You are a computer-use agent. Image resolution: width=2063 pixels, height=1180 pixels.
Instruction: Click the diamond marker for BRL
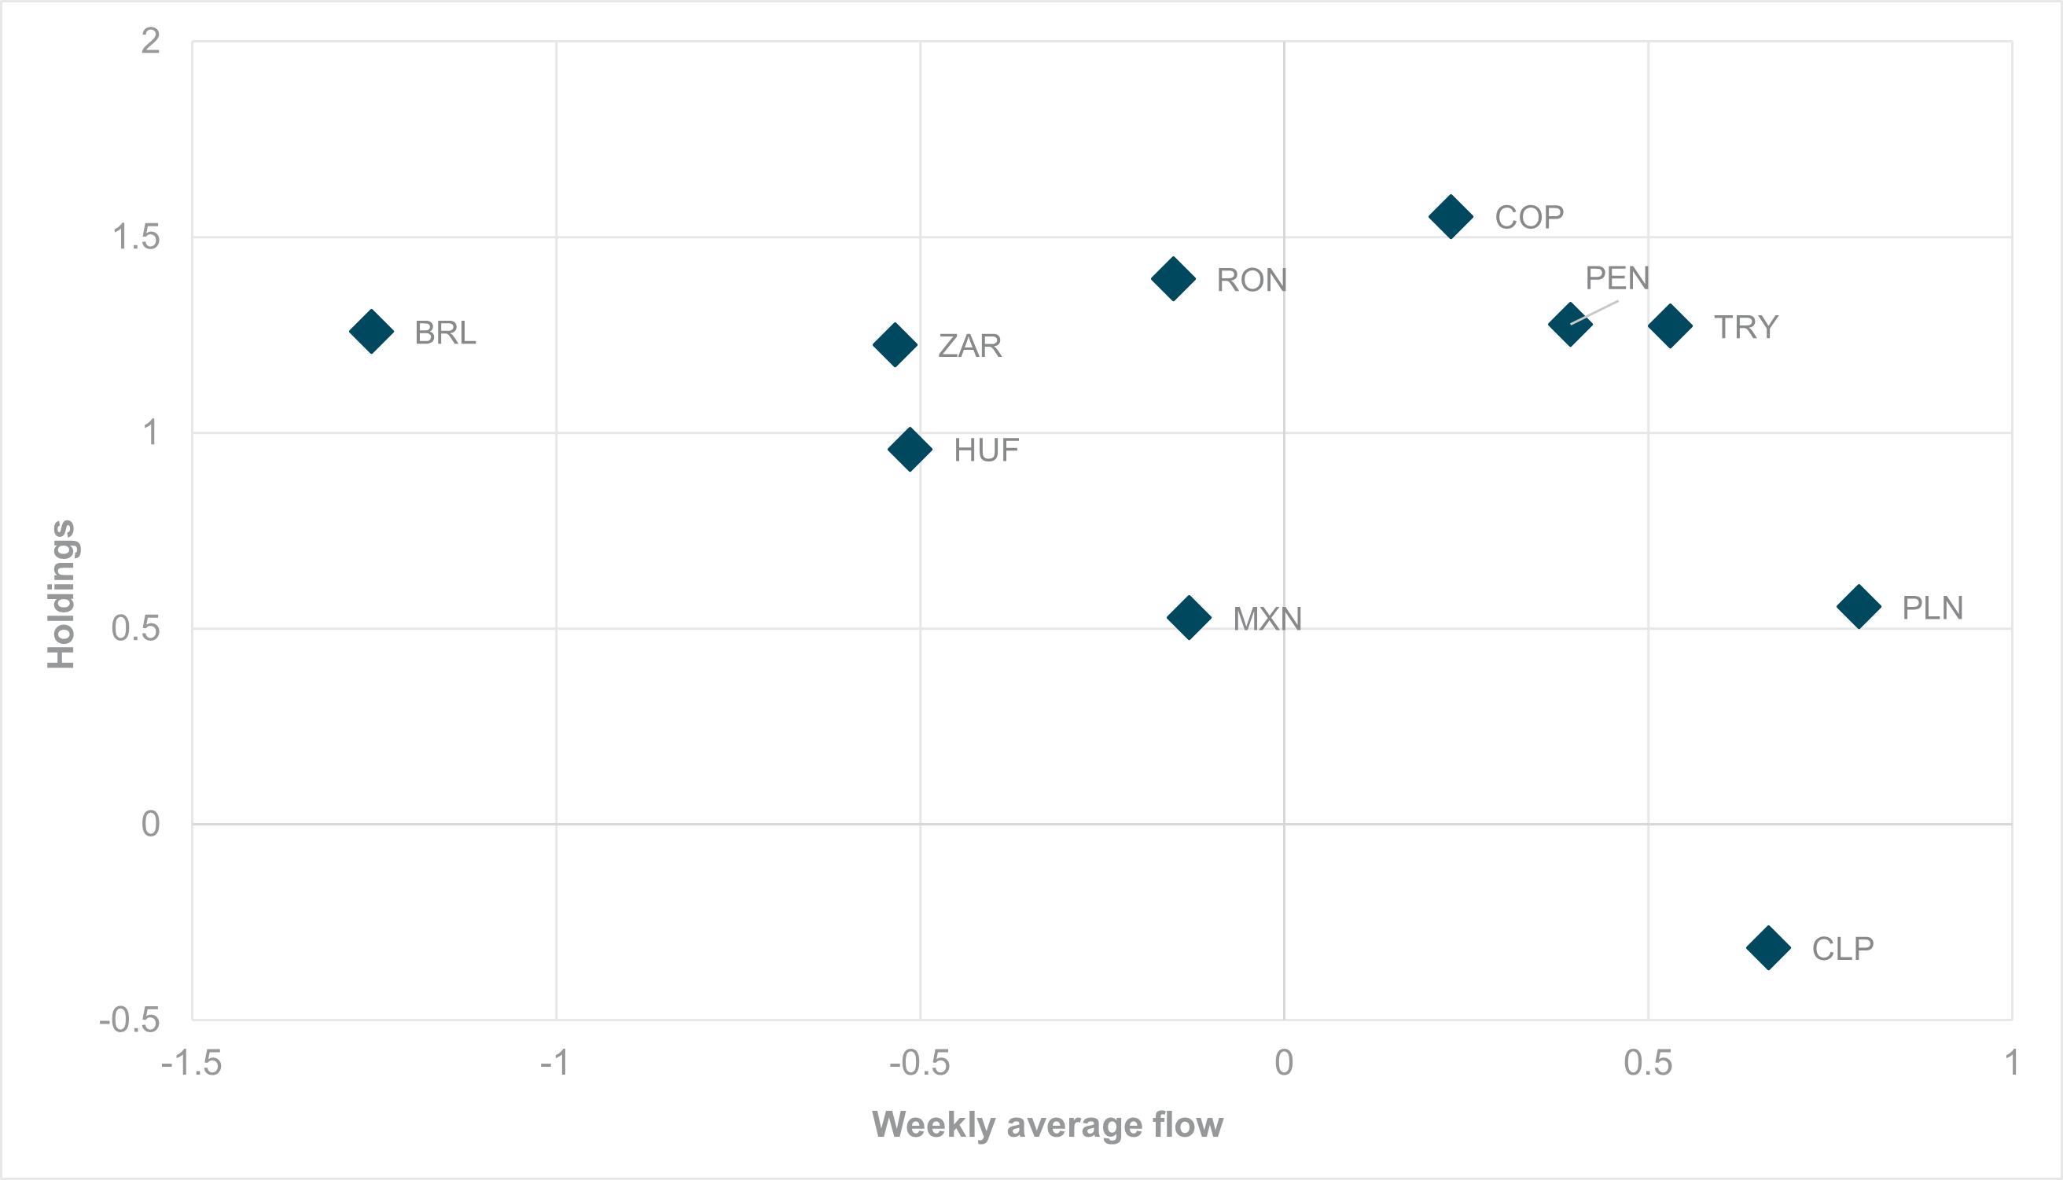[x=371, y=332]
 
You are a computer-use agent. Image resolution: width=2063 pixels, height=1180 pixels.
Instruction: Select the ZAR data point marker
[x=895, y=344]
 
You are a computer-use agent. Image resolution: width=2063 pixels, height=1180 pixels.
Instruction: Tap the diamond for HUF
[x=910, y=449]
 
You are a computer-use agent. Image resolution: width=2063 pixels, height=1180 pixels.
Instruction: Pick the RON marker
[x=1173, y=279]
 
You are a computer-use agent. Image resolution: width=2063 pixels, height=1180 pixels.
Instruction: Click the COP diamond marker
[x=1451, y=216]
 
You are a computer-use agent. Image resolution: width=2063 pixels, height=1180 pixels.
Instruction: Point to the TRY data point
[x=1670, y=325]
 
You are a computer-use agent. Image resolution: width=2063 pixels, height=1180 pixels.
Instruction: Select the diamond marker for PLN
[x=1859, y=605]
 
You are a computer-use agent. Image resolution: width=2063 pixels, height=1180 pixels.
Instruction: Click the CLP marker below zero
[x=1768, y=947]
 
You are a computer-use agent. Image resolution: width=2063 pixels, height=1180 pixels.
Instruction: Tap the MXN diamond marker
[x=1189, y=618]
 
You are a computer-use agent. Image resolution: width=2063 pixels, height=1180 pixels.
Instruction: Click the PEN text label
[x=1616, y=278]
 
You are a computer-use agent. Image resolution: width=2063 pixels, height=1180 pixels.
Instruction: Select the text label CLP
[x=1843, y=948]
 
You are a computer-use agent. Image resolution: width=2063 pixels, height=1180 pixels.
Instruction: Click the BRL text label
[x=445, y=333]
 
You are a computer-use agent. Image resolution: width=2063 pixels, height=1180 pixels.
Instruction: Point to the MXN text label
[x=1267, y=619]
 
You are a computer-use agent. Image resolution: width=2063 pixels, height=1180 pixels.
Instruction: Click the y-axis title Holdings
[x=61, y=594]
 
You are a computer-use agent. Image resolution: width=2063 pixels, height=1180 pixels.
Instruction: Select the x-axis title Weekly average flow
[x=1047, y=1125]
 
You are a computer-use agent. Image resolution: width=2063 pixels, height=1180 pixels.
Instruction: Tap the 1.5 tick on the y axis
[x=136, y=237]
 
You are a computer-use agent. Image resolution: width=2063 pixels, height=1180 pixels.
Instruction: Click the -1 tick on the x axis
[x=555, y=1063]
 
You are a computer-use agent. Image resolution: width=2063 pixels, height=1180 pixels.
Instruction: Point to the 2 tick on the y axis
[x=151, y=42]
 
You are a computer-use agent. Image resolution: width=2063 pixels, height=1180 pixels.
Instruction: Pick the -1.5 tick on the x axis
[x=191, y=1063]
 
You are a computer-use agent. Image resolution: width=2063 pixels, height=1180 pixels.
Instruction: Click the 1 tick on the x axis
[x=2011, y=1063]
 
